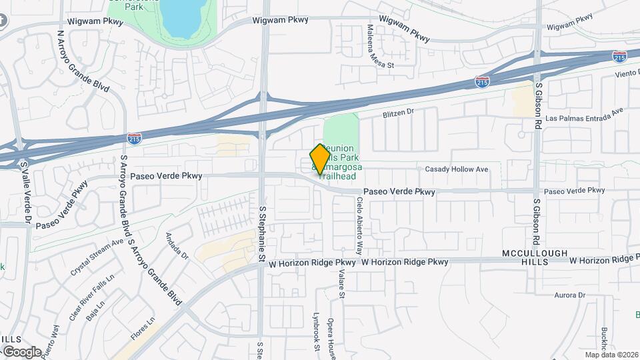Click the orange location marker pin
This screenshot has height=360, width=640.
pyautogui.click(x=321, y=159)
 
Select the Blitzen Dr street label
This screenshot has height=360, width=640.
pyautogui.click(x=398, y=113)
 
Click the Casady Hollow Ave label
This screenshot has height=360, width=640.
pyautogui.click(x=457, y=169)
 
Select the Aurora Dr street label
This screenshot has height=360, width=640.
pyautogui.click(x=569, y=295)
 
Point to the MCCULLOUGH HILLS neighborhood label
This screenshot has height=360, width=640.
pyautogui.click(x=535, y=258)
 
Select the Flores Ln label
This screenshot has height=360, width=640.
pyautogui.click(x=143, y=329)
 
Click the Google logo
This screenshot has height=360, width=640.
pyautogui.click(x=22, y=352)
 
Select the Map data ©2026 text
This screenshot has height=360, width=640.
pyautogui.click(x=611, y=355)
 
